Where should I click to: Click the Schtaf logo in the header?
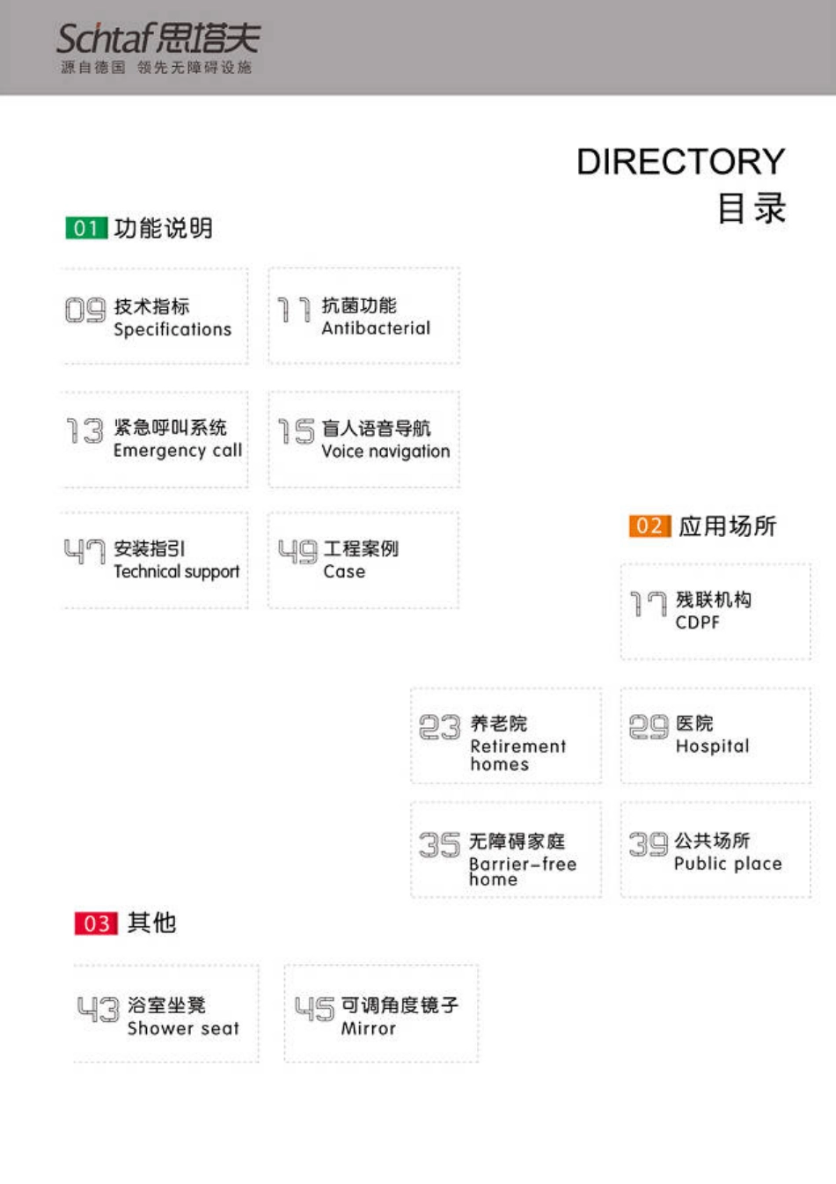click(158, 48)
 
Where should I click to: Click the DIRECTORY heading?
click(680, 162)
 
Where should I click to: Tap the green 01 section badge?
click(85, 229)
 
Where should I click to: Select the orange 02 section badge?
click(649, 526)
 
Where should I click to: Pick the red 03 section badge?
click(96, 923)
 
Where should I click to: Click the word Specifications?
click(172, 329)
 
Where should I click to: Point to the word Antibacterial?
click(376, 328)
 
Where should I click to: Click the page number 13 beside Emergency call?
click(85, 431)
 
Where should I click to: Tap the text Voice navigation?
click(385, 452)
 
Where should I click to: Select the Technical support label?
click(176, 572)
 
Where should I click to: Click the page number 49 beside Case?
click(297, 552)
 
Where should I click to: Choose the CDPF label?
click(697, 622)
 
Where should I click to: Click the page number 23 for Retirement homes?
click(439, 727)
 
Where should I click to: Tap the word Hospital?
click(712, 746)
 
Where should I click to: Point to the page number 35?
click(439, 845)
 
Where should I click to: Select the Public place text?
click(728, 864)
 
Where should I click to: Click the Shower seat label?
click(183, 1028)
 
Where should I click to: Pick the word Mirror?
click(368, 1028)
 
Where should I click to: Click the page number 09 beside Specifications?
click(85, 310)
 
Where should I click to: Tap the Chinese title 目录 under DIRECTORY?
click(751, 210)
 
